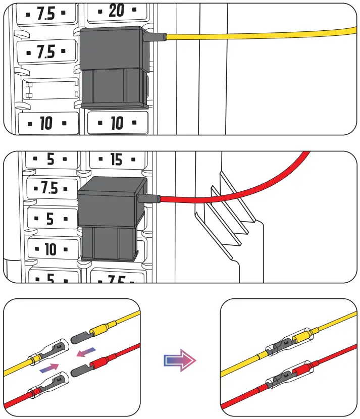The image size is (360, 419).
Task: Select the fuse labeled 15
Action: [117, 160]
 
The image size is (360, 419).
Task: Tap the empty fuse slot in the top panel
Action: [51, 89]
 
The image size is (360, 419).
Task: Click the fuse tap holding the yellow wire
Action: [113, 68]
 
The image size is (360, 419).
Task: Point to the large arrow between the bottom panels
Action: [180, 359]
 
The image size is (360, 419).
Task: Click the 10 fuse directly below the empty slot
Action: [47, 123]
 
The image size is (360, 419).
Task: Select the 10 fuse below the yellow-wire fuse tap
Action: [117, 123]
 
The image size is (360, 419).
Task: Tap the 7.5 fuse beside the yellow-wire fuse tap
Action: [47, 52]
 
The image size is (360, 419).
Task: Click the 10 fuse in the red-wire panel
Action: [50, 249]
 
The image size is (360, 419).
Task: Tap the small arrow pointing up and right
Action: [49, 368]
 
